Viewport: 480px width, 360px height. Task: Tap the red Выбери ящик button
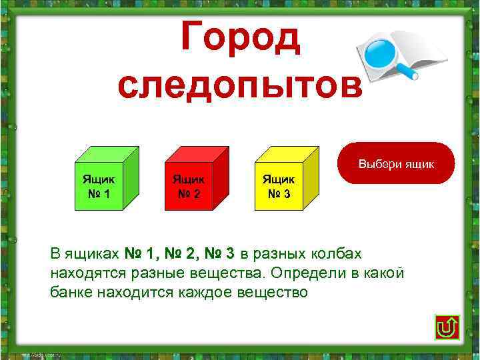[396, 163]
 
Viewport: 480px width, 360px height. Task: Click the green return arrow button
[445, 327]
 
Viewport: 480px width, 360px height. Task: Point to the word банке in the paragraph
[71, 293]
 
